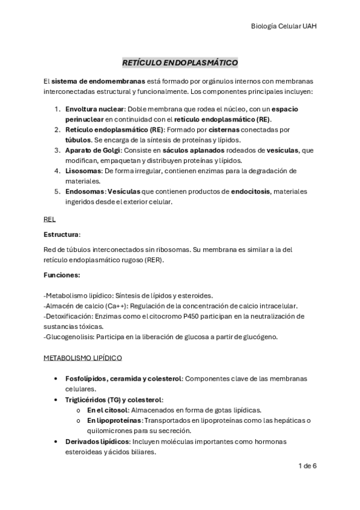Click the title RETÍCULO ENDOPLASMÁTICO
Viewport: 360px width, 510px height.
(x=180, y=62)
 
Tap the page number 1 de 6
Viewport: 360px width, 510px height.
(x=307, y=465)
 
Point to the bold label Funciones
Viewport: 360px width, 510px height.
(x=63, y=274)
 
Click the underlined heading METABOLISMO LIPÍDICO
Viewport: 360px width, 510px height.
(x=82, y=358)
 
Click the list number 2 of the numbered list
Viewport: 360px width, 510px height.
(x=57, y=129)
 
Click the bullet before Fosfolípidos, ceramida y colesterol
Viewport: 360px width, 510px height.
(x=56, y=378)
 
